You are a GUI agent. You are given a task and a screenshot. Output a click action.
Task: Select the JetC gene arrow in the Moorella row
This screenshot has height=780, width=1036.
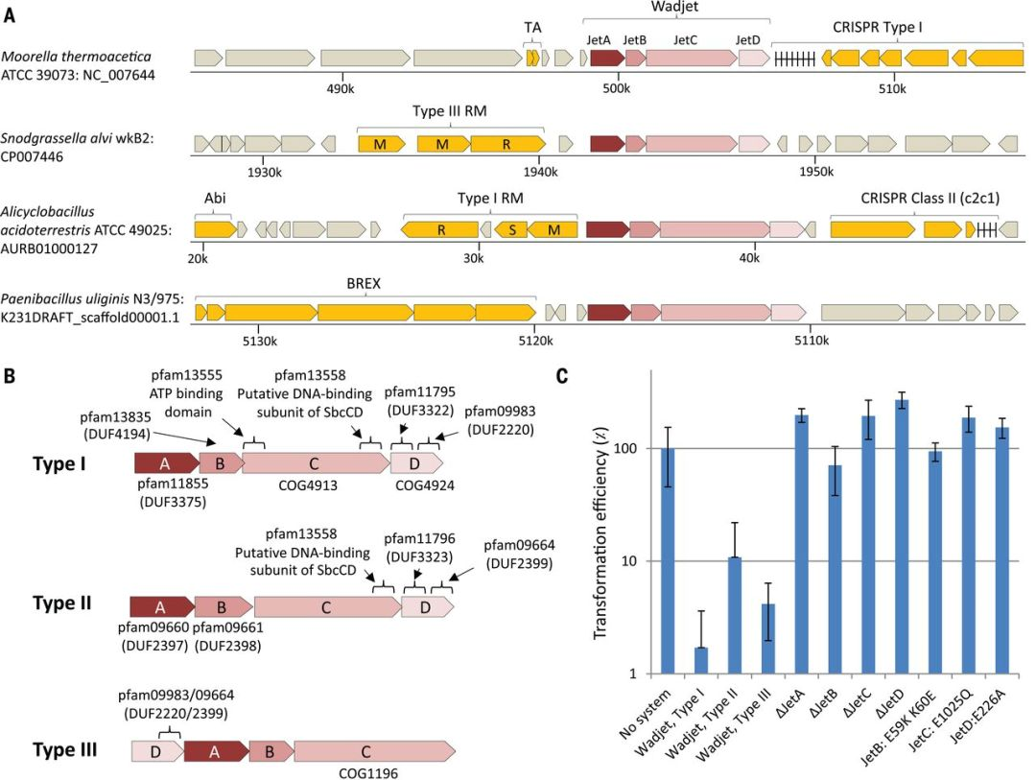(690, 59)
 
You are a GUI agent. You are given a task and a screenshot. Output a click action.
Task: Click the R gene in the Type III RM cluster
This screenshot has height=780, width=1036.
(505, 144)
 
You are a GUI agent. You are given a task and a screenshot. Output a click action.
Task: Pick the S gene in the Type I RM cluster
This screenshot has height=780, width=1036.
(511, 229)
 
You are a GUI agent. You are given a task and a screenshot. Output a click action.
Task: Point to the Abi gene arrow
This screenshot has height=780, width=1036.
(214, 229)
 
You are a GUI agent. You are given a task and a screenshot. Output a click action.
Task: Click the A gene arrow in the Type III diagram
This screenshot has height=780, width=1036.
(214, 751)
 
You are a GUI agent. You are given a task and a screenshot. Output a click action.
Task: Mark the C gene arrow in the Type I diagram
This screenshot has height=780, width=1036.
(315, 464)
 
